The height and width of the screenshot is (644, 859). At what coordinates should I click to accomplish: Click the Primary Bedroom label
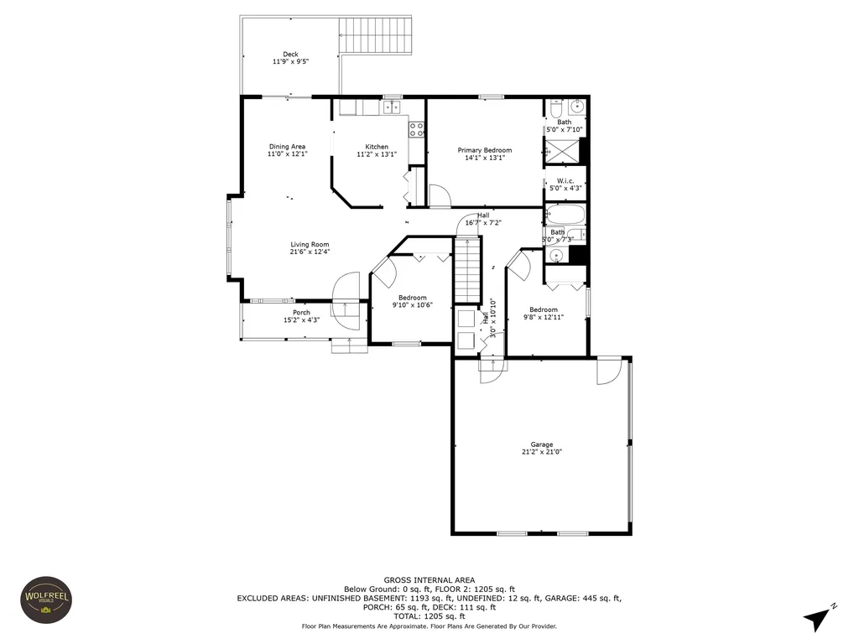pyautogui.click(x=484, y=150)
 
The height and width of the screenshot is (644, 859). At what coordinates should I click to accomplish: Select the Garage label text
pyautogui.click(x=541, y=444)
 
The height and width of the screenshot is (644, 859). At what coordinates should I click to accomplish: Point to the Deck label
pyautogui.click(x=290, y=55)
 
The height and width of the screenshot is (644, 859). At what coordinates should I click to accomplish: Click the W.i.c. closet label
pyautogui.click(x=565, y=181)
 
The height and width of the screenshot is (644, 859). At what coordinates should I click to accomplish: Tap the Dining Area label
pyautogui.click(x=287, y=147)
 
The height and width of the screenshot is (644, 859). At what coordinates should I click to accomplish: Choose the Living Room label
pyautogui.click(x=310, y=245)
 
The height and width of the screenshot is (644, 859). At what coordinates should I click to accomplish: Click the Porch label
pyautogui.click(x=301, y=313)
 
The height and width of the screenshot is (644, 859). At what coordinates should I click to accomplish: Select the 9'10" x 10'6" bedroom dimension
pyautogui.click(x=412, y=305)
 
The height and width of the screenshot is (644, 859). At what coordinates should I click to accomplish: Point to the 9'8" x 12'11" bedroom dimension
pyautogui.click(x=544, y=317)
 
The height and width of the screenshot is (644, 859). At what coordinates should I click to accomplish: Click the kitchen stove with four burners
pyautogui.click(x=415, y=129)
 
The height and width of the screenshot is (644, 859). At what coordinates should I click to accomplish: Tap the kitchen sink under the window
pyautogui.click(x=392, y=106)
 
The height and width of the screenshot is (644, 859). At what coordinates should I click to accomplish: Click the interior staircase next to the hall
pyautogui.click(x=469, y=269)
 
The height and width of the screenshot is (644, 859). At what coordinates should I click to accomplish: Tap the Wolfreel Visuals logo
pyautogui.click(x=45, y=600)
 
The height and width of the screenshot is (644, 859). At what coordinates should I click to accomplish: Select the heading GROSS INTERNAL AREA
pyautogui.click(x=429, y=580)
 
